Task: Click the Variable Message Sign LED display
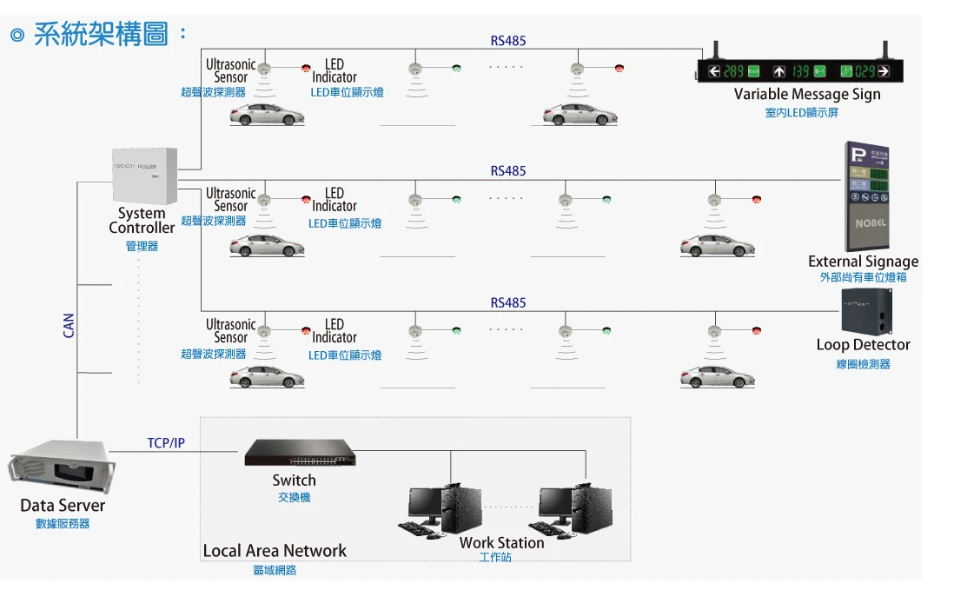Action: pos(800,70)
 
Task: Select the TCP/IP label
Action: pos(166,443)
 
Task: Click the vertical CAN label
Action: pos(70,326)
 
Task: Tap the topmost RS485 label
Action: pos(508,41)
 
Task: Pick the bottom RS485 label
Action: pos(508,303)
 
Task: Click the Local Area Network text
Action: pos(275,551)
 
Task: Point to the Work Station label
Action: pos(501,542)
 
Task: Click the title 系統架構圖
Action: pos(101,35)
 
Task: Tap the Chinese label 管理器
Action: pos(142,247)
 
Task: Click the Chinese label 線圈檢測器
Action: pos(863,364)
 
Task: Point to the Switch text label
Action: pos(294,481)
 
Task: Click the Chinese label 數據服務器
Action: pos(63,524)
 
